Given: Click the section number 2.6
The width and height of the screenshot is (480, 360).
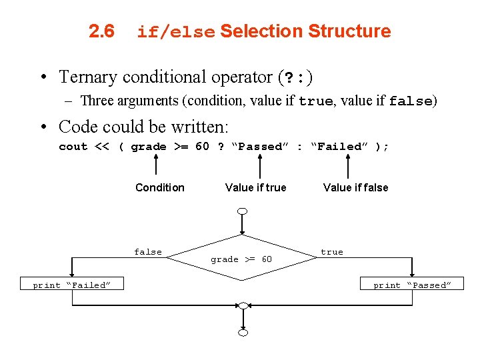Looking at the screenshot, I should click(x=102, y=31).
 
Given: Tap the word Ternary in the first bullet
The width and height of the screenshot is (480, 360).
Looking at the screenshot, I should click(x=85, y=77).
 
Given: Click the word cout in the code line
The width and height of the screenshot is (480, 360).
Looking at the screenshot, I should click(x=73, y=147).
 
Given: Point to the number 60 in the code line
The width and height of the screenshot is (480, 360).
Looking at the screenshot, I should click(x=202, y=147).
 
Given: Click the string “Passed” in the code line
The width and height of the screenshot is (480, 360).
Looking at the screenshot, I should click(x=257, y=147).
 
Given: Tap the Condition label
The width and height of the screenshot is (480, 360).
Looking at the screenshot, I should click(x=160, y=187).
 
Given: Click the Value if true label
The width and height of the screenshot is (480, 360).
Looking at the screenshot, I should click(x=256, y=187).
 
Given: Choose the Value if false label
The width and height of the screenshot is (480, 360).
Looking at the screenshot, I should click(x=355, y=187).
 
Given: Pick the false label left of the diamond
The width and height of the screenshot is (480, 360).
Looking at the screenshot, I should click(x=148, y=252).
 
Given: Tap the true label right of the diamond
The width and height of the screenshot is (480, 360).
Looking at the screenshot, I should click(x=332, y=252).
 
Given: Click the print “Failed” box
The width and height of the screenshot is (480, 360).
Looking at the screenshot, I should click(x=72, y=285).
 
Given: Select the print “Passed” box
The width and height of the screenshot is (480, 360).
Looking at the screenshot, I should click(x=412, y=285).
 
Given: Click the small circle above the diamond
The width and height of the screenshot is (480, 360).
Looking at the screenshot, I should click(x=243, y=211).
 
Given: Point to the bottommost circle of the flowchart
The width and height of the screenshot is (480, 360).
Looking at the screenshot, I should click(x=243, y=332).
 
